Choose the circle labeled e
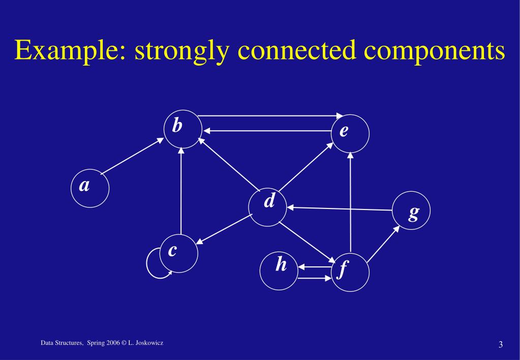tap(350, 133)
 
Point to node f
tap(350, 272)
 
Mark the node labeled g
tap(411, 210)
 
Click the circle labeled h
tap(279, 270)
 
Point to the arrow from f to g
tap(383, 246)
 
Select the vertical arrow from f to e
tap(350, 203)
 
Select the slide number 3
tap(501, 346)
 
